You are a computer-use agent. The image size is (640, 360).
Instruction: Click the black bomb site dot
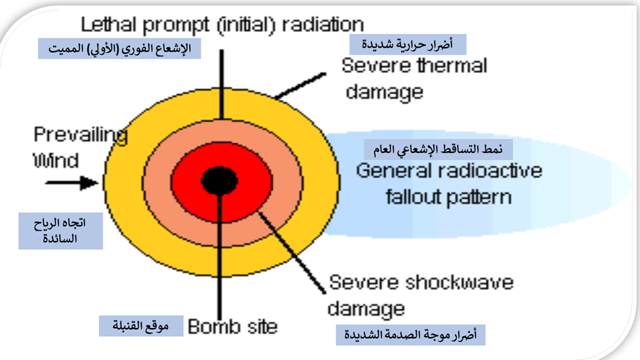[220, 180]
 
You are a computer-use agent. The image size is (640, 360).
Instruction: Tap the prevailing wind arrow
[72, 182]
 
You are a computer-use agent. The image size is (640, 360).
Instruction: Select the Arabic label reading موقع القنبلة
[141, 326]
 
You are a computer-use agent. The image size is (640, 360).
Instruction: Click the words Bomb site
[233, 327]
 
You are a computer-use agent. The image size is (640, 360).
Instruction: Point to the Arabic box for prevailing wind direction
[61, 231]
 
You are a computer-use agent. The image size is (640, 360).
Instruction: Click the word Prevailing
[80, 135]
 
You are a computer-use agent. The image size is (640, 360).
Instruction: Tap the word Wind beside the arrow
[56, 161]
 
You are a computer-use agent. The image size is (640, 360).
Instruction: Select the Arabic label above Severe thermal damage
[408, 44]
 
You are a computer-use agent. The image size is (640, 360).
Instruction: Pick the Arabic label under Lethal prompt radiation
[119, 48]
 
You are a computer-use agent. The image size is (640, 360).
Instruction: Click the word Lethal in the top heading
[108, 24]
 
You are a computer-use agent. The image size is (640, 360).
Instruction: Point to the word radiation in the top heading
[323, 24]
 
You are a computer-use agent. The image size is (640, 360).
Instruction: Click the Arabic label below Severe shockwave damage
[411, 335]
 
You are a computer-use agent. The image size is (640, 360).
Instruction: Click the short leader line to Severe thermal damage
[300, 86]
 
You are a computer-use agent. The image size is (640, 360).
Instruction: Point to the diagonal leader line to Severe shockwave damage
[292, 252]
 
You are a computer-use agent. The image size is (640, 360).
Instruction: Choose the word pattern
[478, 197]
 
